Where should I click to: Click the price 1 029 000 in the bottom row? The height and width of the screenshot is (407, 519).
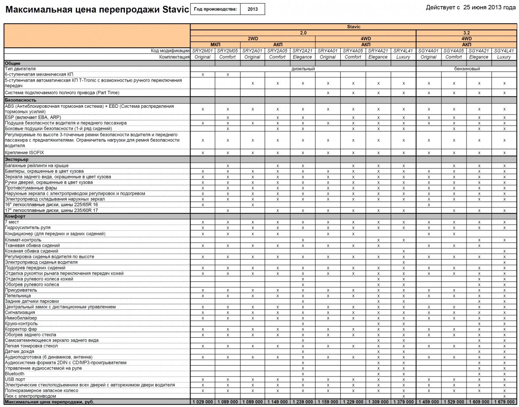(203, 402)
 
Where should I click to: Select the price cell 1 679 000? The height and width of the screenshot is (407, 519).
(504, 402)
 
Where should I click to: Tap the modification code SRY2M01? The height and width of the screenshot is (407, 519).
(203, 51)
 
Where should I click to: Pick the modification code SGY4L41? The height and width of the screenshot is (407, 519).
(504, 51)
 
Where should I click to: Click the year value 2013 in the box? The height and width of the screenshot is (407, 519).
(252, 9)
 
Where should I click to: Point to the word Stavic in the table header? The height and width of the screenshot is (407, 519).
(353, 27)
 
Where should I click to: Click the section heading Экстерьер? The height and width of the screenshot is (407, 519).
(17, 160)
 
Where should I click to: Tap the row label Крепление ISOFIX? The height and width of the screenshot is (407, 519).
(25, 153)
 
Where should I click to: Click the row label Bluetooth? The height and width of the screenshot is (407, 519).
(14, 374)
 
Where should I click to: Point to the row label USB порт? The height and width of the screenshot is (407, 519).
(15, 380)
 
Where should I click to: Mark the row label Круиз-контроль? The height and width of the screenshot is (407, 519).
(21, 323)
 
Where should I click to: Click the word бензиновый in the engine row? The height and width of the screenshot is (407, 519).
(467, 69)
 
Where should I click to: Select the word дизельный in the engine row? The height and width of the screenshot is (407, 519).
(303, 69)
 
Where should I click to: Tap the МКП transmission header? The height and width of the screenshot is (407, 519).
(215, 45)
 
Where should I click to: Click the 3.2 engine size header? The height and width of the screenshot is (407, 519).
(467, 33)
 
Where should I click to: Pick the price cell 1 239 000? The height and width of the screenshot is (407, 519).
(303, 402)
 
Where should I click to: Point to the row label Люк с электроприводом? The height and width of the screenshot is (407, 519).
(30, 396)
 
